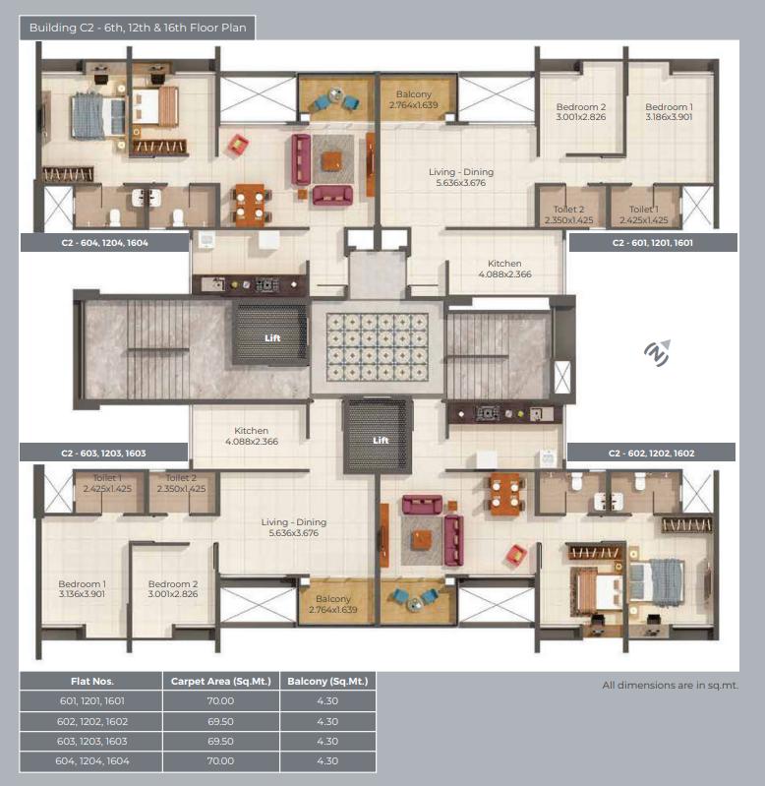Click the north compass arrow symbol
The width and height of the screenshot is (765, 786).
(657, 353)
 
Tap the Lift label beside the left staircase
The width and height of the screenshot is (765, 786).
(272, 338)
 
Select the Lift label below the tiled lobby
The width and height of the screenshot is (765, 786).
(381, 440)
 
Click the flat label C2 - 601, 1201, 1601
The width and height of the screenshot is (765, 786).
(652, 243)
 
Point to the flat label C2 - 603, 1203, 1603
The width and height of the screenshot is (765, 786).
(103, 453)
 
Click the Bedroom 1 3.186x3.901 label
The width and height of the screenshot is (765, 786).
(669, 112)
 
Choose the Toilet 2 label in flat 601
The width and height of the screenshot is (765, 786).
(568, 214)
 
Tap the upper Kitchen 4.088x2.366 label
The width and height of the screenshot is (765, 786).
(504, 269)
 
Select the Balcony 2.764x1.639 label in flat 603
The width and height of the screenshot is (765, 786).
(333, 604)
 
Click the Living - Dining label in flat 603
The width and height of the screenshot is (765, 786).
(294, 527)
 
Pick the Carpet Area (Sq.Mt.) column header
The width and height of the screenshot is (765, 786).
(221, 682)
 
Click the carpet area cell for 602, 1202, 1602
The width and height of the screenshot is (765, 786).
(221, 721)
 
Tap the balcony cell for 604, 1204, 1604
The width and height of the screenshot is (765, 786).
(327, 761)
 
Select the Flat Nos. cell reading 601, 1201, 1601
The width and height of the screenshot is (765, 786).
(92, 700)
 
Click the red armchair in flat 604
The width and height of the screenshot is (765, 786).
(238, 145)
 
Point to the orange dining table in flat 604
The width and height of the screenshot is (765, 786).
(250, 205)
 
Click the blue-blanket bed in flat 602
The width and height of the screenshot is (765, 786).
(656, 581)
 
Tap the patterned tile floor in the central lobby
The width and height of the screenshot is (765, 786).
(378, 346)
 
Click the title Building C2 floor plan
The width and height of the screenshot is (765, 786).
(138, 28)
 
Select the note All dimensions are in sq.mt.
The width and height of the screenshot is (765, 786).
(671, 686)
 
